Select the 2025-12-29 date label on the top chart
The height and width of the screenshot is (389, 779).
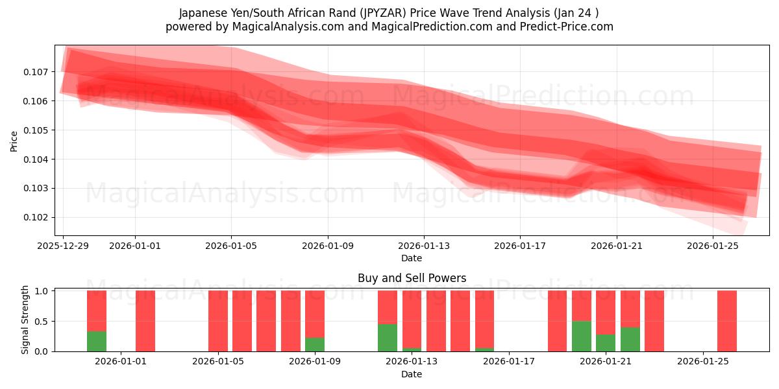click(63, 246)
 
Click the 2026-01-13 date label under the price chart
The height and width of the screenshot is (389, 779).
click(424, 246)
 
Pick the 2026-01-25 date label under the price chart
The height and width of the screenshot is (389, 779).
click(713, 246)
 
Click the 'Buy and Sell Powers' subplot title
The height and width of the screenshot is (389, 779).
click(412, 278)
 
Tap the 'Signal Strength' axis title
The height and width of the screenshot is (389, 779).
click(25, 320)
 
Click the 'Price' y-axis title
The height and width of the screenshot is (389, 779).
click(14, 141)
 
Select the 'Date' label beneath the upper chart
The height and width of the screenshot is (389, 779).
click(412, 258)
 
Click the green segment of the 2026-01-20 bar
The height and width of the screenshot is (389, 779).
click(582, 336)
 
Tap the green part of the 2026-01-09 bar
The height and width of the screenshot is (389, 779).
click(315, 344)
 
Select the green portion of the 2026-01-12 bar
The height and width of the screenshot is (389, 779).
click(388, 338)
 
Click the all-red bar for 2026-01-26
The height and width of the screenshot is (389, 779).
click(727, 321)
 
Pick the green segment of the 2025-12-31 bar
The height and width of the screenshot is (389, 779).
click(97, 342)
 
